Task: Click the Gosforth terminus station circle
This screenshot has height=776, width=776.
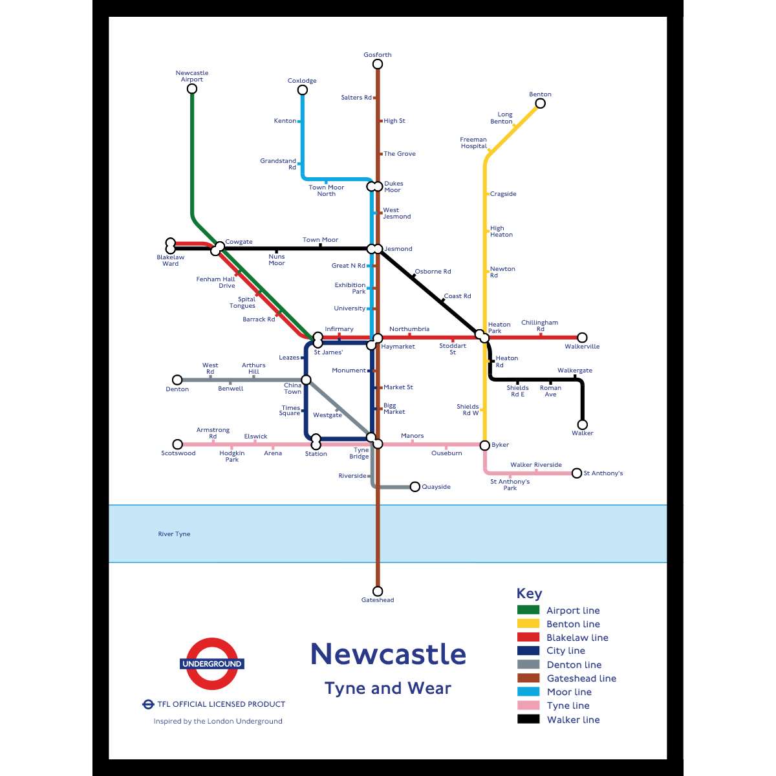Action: pos(378,64)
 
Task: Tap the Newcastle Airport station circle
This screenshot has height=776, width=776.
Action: pos(192,89)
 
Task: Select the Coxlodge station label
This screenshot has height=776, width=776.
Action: pos(302,81)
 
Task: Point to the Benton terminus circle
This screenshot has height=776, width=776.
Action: pos(540,103)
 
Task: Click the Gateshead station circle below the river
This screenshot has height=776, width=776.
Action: pos(378,591)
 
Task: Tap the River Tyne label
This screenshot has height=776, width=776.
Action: pos(174,534)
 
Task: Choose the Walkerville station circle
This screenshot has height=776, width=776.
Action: pos(582,338)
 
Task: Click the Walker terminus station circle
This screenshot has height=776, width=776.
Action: pos(582,425)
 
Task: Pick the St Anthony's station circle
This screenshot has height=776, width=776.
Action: pos(577,473)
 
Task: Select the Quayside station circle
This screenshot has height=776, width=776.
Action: pos(415,487)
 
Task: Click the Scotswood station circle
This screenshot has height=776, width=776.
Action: pos(178,444)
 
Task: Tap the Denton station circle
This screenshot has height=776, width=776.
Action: pos(177,380)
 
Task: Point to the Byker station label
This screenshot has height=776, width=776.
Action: pos(500,445)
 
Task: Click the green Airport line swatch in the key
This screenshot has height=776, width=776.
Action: pos(528,610)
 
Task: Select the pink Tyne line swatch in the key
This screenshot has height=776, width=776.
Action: pos(528,706)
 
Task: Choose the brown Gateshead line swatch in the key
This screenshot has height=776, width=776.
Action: pos(528,678)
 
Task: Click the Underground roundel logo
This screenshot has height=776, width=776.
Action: pos(211,663)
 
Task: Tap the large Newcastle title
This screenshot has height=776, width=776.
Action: pos(388,654)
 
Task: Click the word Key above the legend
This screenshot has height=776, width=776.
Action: pos(529,594)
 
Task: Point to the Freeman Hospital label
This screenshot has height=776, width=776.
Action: pos(473,143)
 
